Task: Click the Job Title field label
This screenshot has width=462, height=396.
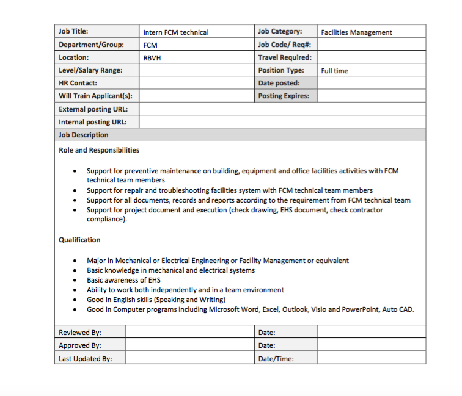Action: click(73, 31)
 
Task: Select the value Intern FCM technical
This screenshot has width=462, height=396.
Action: click(176, 32)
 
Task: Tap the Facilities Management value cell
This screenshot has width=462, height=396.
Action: click(357, 32)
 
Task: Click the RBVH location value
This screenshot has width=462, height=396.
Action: click(152, 58)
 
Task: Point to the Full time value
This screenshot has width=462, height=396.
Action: click(334, 71)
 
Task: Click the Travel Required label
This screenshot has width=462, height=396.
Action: click(285, 57)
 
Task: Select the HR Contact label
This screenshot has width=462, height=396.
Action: click(78, 83)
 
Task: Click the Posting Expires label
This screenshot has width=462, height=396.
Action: click(284, 96)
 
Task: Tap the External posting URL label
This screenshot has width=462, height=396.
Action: click(89, 109)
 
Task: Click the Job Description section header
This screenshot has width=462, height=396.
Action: click(84, 135)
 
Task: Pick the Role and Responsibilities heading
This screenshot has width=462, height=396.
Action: click(99, 150)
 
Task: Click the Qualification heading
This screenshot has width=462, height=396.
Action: click(79, 240)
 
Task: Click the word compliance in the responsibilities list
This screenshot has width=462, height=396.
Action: click(105, 219)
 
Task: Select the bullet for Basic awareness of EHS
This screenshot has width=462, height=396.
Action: click(75, 281)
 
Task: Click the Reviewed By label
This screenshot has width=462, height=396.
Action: click(80, 333)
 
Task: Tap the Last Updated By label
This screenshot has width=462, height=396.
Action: click(86, 359)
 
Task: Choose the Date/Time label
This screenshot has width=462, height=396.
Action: click(276, 359)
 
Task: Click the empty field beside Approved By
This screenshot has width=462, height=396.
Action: click(189, 345)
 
